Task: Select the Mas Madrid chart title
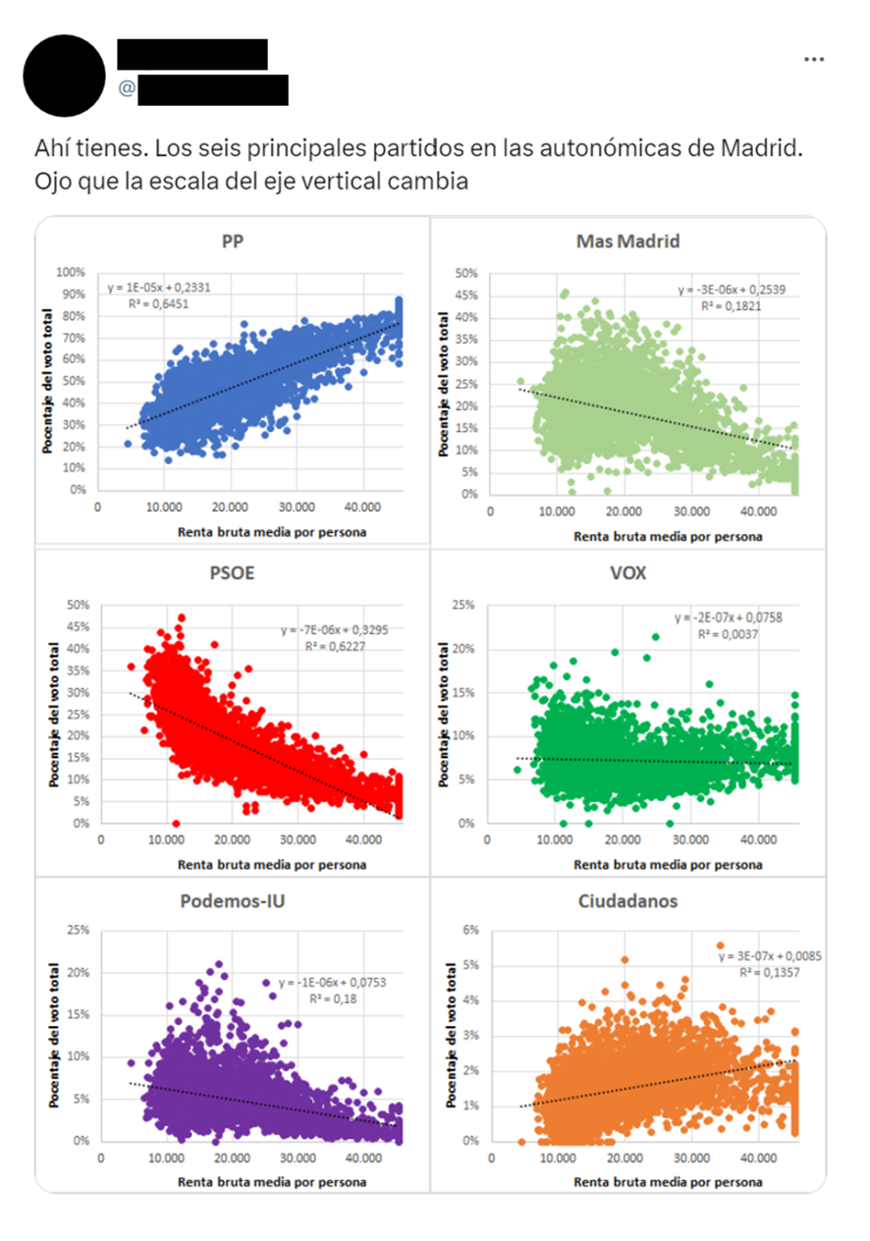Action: pos(628,241)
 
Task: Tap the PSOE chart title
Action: pos(233,571)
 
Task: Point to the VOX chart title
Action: pos(628,571)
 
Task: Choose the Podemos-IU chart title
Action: pos(233,900)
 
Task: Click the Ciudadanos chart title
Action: pos(628,900)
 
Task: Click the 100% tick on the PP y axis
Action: pos(72,272)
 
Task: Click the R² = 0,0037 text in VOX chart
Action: pos(728,635)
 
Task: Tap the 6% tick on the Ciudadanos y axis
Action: pos(470,930)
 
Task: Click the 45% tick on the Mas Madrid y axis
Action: pos(465,295)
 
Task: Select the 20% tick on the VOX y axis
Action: pos(465,648)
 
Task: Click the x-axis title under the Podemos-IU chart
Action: pos(272,1182)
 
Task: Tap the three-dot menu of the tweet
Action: pos(814,59)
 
